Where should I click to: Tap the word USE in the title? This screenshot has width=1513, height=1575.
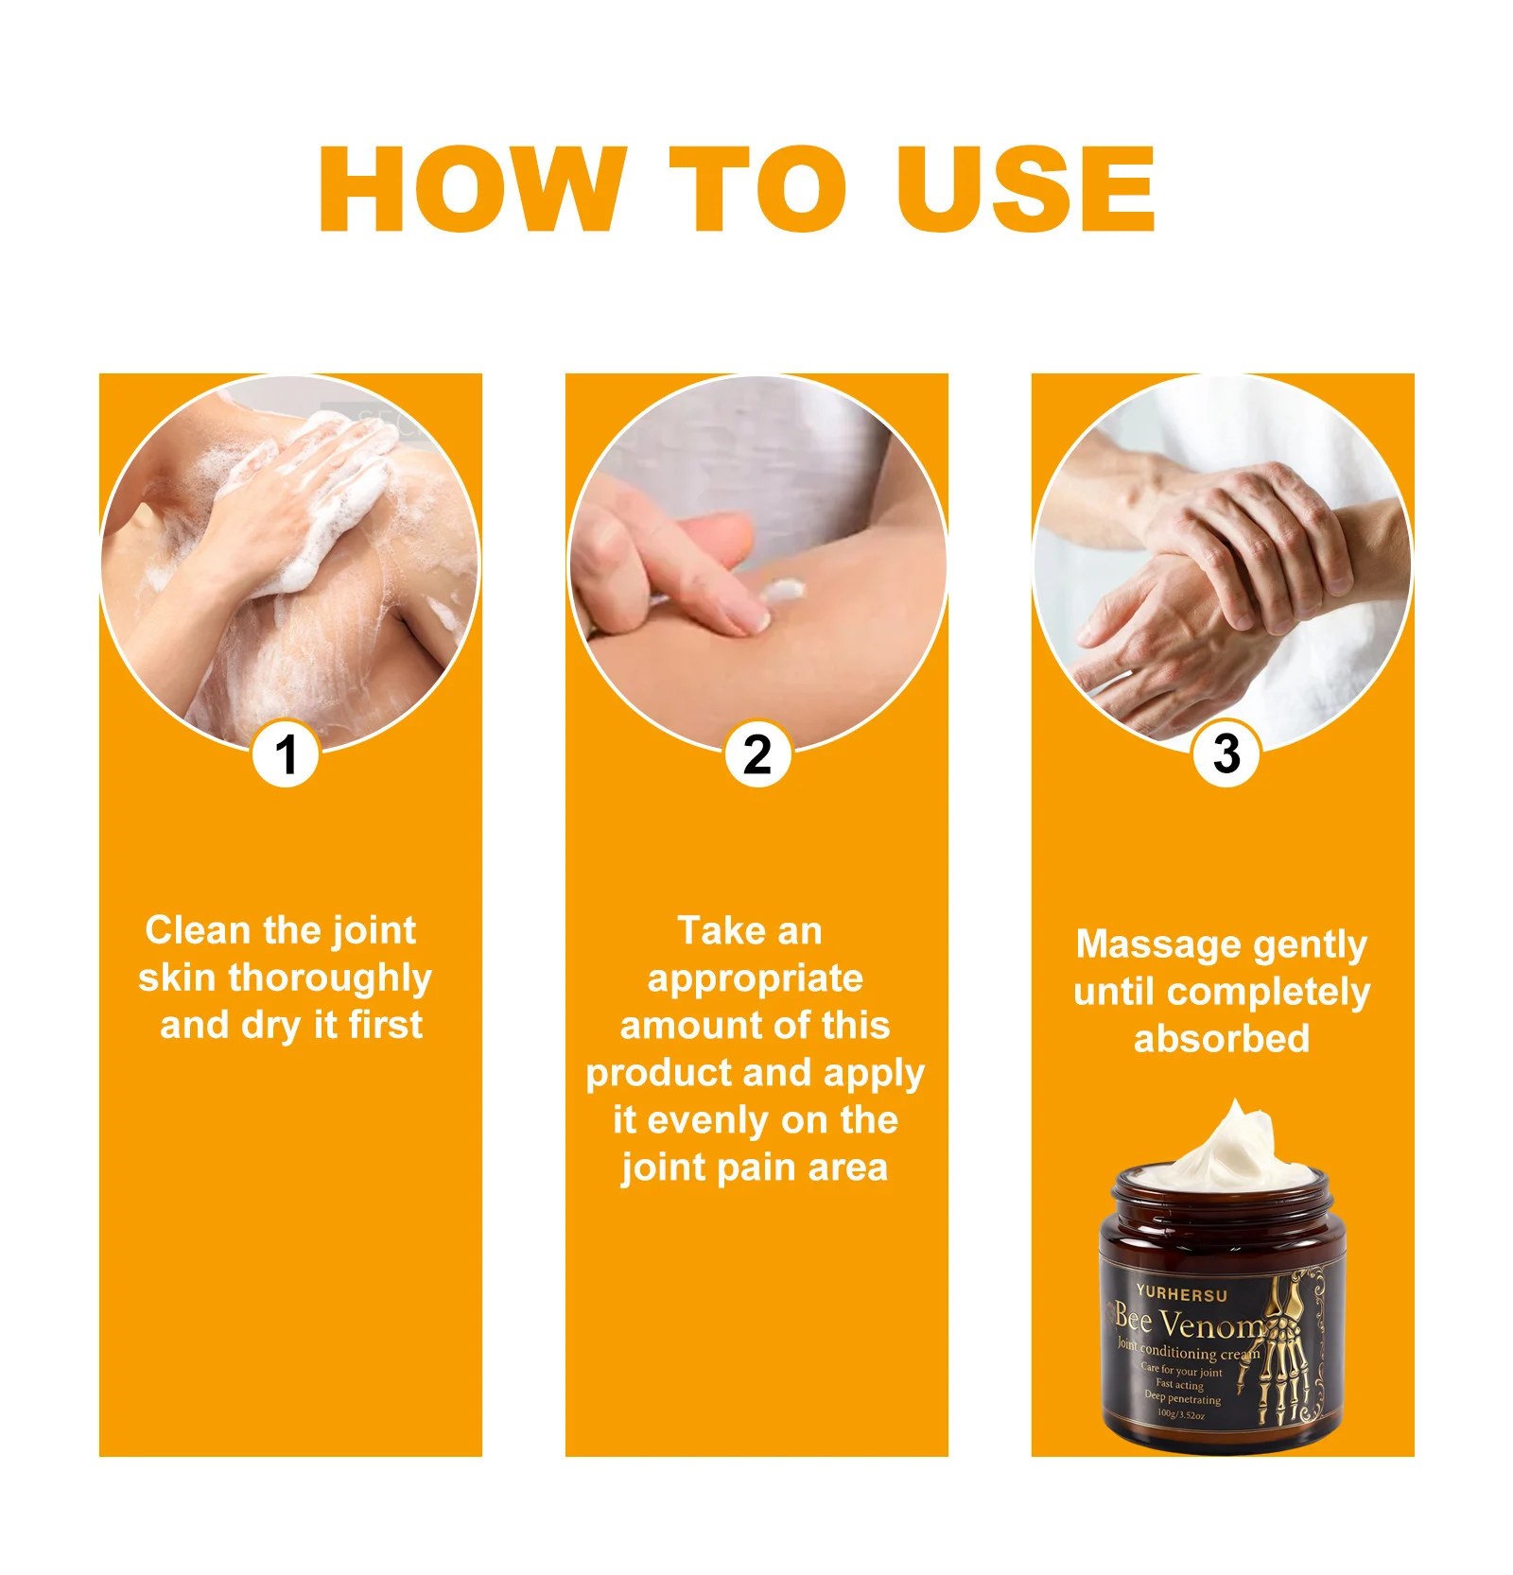(x=1025, y=188)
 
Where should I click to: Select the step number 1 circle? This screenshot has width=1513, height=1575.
(x=285, y=754)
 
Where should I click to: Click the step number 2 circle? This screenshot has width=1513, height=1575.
(x=756, y=754)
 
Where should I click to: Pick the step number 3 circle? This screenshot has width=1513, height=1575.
(x=1226, y=754)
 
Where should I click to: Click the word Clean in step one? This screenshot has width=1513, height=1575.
(x=197, y=930)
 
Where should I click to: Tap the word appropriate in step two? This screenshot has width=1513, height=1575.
(x=755, y=978)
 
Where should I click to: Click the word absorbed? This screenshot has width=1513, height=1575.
(x=1222, y=1039)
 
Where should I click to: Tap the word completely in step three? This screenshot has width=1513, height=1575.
(x=1268, y=993)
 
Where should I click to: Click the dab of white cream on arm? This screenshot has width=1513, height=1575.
(x=783, y=592)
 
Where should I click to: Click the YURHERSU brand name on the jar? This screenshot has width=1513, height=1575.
(x=1181, y=1293)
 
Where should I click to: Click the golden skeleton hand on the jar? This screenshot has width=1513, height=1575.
(x=1286, y=1352)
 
